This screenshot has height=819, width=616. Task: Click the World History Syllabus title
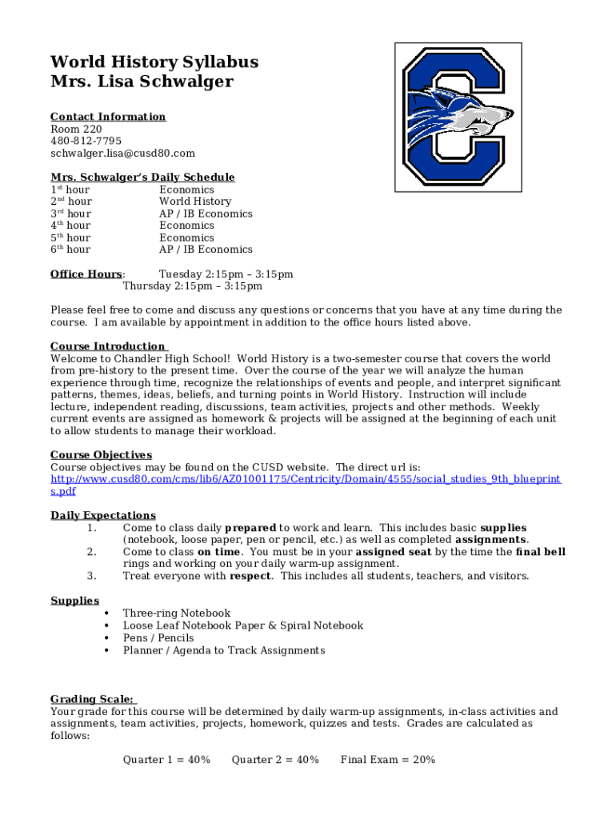click(x=154, y=62)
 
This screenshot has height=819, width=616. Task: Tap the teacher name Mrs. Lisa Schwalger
click(x=142, y=82)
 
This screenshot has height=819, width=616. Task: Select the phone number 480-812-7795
click(x=86, y=141)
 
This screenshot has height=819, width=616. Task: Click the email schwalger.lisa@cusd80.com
click(x=122, y=153)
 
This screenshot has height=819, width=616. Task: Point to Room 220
click(x=76, y=129)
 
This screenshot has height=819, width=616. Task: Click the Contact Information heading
click(x=108, y=117)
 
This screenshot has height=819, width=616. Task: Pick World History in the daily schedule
click(x=195, y=202)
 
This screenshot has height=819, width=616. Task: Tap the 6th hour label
click(x=70, y=250)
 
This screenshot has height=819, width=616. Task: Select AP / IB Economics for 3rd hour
click(x=206, y=214)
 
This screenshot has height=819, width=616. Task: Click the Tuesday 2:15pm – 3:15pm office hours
click(x=226, y=274)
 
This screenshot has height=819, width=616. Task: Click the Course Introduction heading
click(x=108, y=346)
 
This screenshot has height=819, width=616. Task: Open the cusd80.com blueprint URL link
click(x=306, y=479)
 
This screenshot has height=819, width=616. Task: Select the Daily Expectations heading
click(x=103, y=515)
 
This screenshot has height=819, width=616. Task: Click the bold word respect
click(x=250, y=576)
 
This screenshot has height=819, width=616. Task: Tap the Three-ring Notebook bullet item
click(x=176, y=613)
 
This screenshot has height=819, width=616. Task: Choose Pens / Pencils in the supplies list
click(x=158, y=637)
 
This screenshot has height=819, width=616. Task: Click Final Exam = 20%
click(x=388, y=760)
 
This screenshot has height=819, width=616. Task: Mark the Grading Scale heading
click(x=93, y=699)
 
